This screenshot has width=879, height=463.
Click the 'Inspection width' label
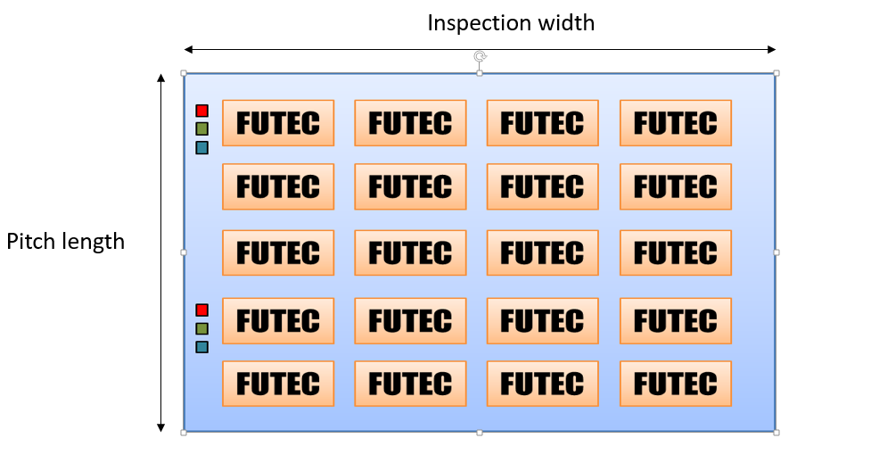[511, 23]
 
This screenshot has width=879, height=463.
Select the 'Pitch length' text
[66, 242]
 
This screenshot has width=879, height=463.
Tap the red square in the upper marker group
[201, 111]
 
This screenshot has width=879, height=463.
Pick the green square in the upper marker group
[201, 129]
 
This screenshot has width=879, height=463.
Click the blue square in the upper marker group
[201, 147]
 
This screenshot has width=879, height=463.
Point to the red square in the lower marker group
[201, 310]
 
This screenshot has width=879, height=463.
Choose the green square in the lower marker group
[201, 328]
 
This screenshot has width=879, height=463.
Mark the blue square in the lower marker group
[201, 347]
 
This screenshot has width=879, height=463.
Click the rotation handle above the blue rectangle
[480, 57]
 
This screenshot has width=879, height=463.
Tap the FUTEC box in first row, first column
[278, 123]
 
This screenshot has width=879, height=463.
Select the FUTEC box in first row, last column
[676, 123]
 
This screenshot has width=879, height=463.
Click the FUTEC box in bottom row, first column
[278, 384]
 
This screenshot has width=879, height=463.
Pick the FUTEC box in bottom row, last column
[676, 384]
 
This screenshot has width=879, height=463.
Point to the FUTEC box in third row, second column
[410, 252]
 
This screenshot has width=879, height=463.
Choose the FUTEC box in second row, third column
[543, 186]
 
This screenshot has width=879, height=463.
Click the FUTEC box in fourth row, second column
[410, 320]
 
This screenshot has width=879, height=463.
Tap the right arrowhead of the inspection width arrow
[773, 49]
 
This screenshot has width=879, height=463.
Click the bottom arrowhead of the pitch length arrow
[160, 428]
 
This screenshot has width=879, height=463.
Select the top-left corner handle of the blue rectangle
[184, 73]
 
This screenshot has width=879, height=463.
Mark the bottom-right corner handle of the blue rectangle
[776, 433]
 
